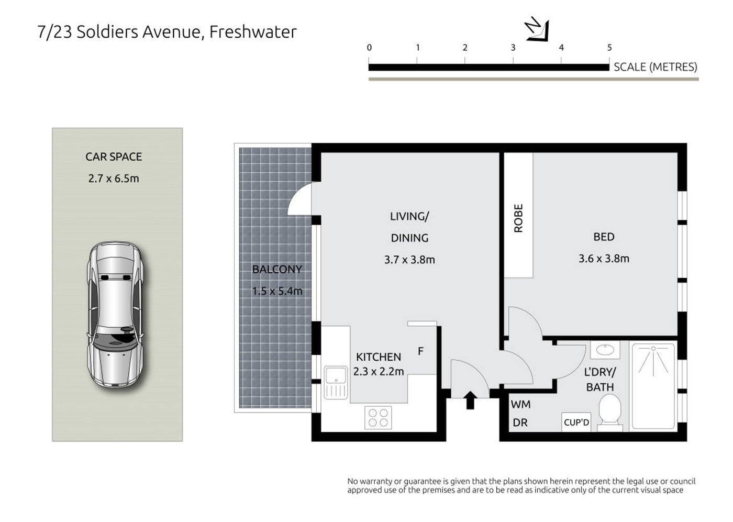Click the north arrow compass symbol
click(537, 29)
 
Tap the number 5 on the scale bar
click(609, 48)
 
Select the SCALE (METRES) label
click(656, 67)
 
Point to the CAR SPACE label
click(114, 157)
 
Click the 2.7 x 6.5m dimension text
click(114, 179)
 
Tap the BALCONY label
click(277, 269)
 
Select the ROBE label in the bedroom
click(518, 218)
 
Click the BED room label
click(604, 237)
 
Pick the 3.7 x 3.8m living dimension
click(409, 260)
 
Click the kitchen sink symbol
click(336, 383)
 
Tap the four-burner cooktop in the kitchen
click(378, 418)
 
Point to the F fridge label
click(420, 351)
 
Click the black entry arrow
click(470, 400)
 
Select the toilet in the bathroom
click(609, 413)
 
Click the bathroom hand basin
click(605, 350)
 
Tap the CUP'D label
click(576, 422)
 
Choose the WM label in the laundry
click(520, 405)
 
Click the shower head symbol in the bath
click(653, 361)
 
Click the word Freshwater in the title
click(253, 32)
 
